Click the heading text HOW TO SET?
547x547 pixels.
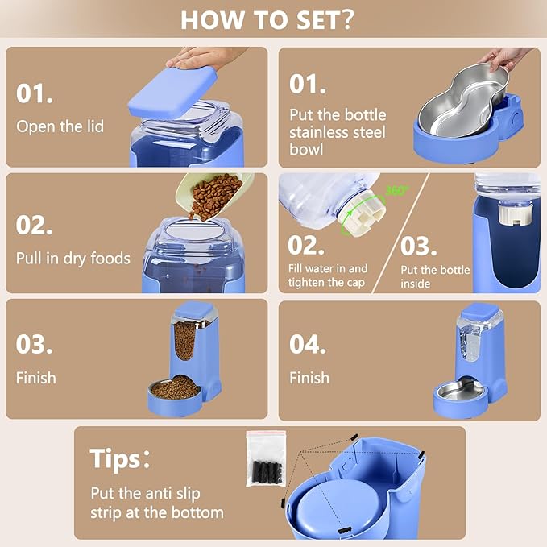click(267, 19)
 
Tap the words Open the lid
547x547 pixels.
click(60, 126)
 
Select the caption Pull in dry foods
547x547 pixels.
click(73, 259)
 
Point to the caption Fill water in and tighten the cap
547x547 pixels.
click(328, 275)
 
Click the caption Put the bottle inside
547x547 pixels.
click(435, 276)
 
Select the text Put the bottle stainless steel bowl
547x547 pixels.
click(338, 132)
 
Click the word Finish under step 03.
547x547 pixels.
click(36, 377)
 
